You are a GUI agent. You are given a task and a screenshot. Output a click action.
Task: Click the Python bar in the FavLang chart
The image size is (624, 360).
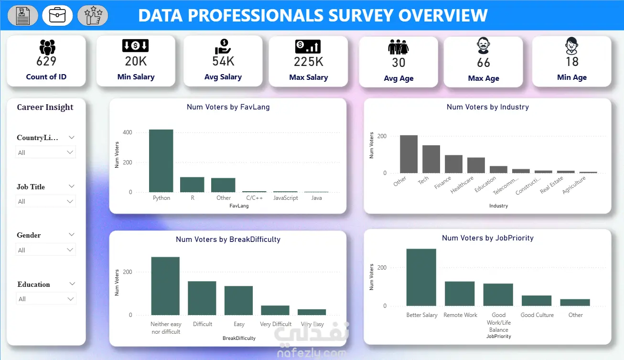161,161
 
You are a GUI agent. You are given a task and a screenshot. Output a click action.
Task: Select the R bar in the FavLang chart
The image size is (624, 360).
192,185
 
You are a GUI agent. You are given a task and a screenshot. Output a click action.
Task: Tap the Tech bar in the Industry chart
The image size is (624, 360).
431,159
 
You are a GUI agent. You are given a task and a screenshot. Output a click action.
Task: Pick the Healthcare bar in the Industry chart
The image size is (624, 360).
476,165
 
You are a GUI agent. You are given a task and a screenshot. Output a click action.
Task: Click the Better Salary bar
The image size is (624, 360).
421,277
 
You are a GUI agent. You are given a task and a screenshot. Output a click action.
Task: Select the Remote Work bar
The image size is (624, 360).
460,294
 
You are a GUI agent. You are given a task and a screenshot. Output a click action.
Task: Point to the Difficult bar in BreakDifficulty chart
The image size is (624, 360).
202,298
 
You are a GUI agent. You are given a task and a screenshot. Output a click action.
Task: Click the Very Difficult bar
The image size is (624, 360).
275,310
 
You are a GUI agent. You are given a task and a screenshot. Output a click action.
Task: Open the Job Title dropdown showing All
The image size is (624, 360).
45,201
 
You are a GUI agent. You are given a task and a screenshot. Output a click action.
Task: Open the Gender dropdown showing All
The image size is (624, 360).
45,250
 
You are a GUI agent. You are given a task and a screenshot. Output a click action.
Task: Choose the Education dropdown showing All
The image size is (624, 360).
45,299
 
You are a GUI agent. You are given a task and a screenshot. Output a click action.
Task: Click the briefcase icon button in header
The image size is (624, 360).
57,15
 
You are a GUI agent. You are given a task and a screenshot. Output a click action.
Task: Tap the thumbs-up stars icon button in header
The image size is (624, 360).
93,15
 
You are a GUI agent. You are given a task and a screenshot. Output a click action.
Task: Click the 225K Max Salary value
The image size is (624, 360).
309,62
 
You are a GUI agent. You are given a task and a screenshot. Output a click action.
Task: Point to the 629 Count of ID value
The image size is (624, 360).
46,62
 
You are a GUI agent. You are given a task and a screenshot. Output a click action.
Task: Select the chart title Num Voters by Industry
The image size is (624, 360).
487,107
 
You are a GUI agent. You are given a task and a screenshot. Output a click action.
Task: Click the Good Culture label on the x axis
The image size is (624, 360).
537,315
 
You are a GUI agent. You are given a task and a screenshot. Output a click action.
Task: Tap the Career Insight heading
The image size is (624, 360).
45,107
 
